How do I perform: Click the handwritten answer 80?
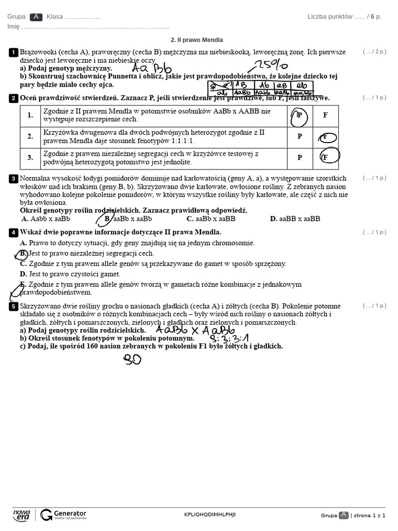click(x=132, y=359)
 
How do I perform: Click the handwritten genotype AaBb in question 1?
click(x=151, y=68)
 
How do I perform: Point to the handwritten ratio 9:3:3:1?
click(x=229, y=339)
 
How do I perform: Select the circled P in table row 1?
click(x=299, y=115)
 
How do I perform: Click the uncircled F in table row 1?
click(x=325, y=115)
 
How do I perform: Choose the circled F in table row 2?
click(x=325, y=137)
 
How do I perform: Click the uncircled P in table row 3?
click(x=300, y=158)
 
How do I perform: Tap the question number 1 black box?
click(x=13, y=52)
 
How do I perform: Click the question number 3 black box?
click(x=13, y=179)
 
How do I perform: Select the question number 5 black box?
click(x=13, y=306)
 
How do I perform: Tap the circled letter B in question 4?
click(x=22, y=254)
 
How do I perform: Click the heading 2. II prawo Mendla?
click(x=197, y=40)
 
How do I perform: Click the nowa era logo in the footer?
click(x=22, y=514)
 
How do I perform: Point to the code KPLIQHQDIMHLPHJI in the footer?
click(x=210, y=514)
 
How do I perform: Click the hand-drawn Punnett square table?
click(x=260, y=89)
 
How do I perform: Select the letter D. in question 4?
click(x=23, y=274)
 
